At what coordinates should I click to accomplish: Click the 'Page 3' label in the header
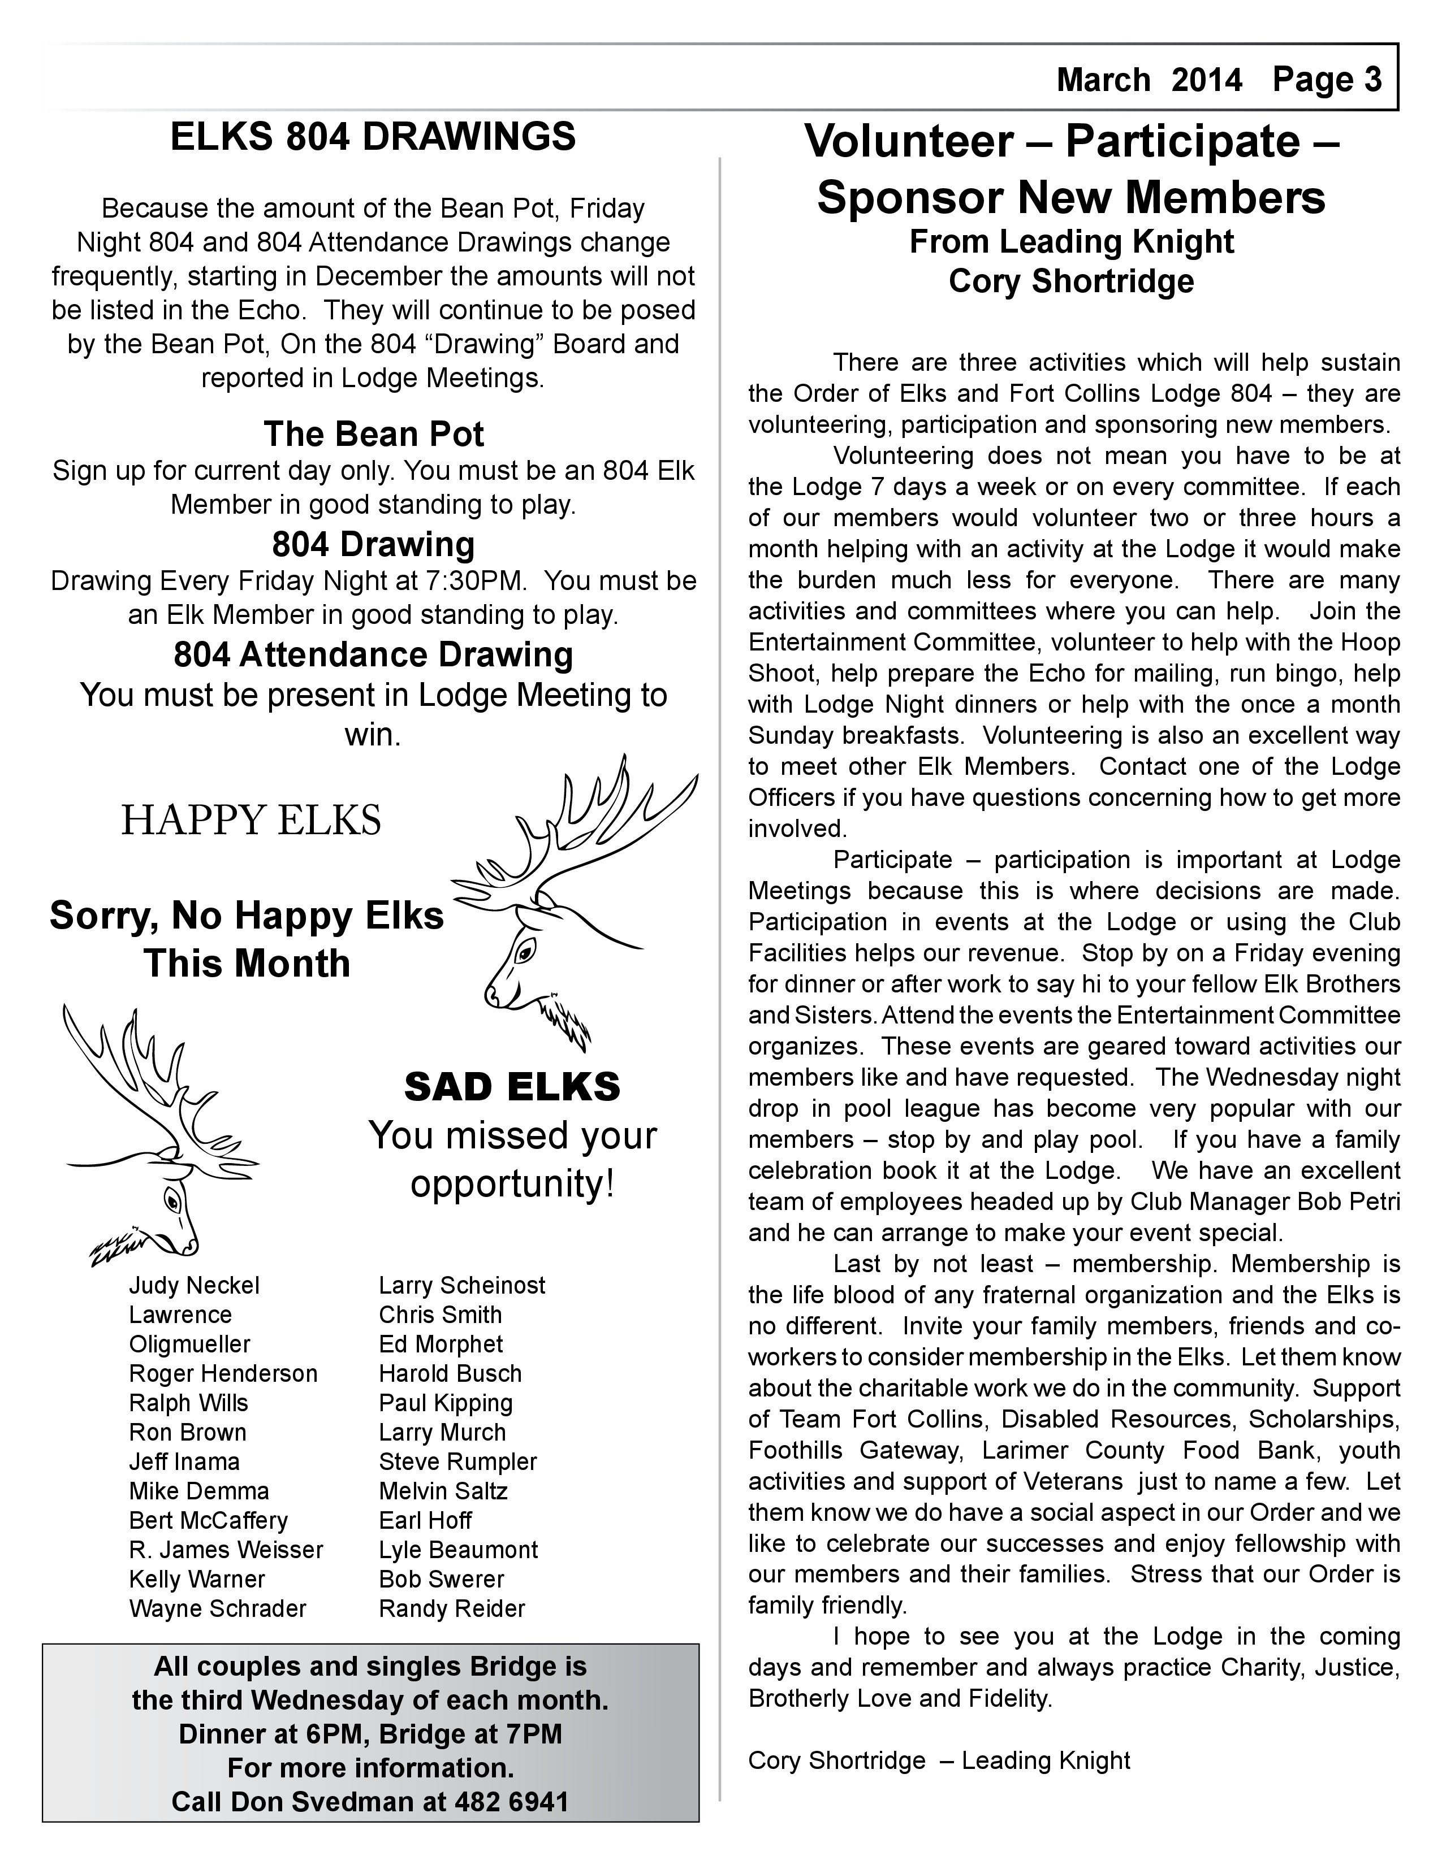pos(1327,80)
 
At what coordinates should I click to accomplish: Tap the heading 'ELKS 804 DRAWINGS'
pos(373,137)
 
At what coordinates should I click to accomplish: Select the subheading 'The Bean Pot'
pos(373,434)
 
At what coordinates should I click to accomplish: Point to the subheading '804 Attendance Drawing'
pos(373,655)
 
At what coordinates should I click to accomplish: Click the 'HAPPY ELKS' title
pos(251,821)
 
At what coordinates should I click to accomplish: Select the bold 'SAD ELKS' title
pos(512,1087)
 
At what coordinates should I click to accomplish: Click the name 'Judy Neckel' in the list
pos(194,1285)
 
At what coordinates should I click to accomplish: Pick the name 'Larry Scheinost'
pos(462,1285)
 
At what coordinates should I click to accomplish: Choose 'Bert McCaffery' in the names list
pos(209,1521)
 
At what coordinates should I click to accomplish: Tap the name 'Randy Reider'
pos(452,1609)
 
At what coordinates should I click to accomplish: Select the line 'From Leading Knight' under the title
pos(1071,242)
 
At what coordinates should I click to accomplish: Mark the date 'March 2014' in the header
pos(1149,80)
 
